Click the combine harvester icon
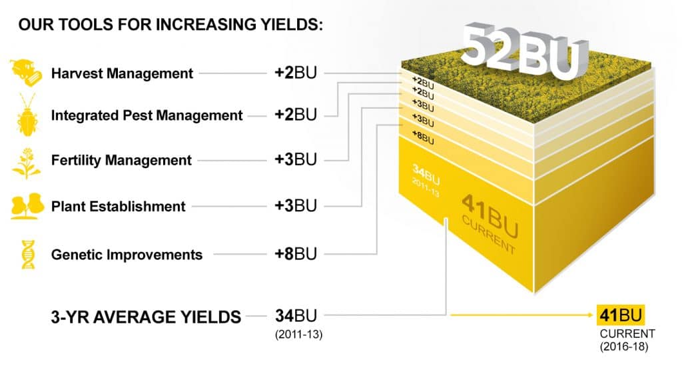pyautogui.click(x=26, y=73)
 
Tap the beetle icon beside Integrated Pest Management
pyautogui.click(x=27, y=115)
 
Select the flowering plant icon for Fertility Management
pyautogui.click(x=27, y=163)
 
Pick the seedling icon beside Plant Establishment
pyautogui.click(x=27, y=205)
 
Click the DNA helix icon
pyautogui.click(x=28, y=254)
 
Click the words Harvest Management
pyautogui.click(x=122, y=73)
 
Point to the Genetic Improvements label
pyautogui.click(x=127, y=254)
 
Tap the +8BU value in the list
pyautogui.click(x=296, y=253)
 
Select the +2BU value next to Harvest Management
pyautogui.click(x=296, y=72)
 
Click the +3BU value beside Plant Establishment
pyautogui.click(x=296, y=205)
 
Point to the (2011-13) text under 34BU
pyautogui.click(x=299, y=335)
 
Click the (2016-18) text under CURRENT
pyautogui.click(x=624, y=347)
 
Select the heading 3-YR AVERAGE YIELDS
pyautogui.click(x=146, y=317)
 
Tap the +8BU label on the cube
pyautogui.click(x=423, y=137)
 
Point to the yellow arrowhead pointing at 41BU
pyautogui.click(x=591, y=315)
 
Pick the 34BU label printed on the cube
pyautogui.click(x=426, y=179)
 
